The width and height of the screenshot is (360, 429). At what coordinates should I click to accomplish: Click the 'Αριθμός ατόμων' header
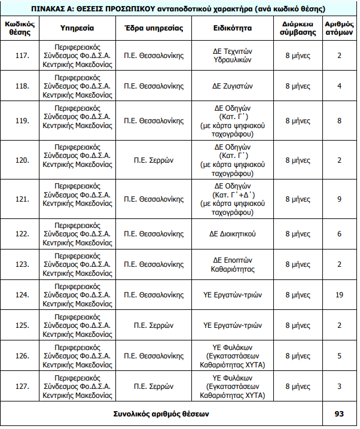click(x=339, y=28)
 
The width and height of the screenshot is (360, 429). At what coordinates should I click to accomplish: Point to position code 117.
click(x=22, y=56)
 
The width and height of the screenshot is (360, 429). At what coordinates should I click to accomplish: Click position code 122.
click(x=22, y=235)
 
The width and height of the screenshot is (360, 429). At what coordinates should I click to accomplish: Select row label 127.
click(x=22, y=387)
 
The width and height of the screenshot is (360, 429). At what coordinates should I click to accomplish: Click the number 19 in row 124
click(x=339, y=295)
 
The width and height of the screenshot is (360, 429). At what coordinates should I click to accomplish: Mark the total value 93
click(x=339, y=413)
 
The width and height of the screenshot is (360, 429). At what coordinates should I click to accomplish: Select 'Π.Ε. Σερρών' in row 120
click(x=154, y=160)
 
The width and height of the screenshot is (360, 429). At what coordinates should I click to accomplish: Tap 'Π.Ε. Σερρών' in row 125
click(x=154, y=325)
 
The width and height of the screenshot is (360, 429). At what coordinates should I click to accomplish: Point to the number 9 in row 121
click(x=339, y=199)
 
